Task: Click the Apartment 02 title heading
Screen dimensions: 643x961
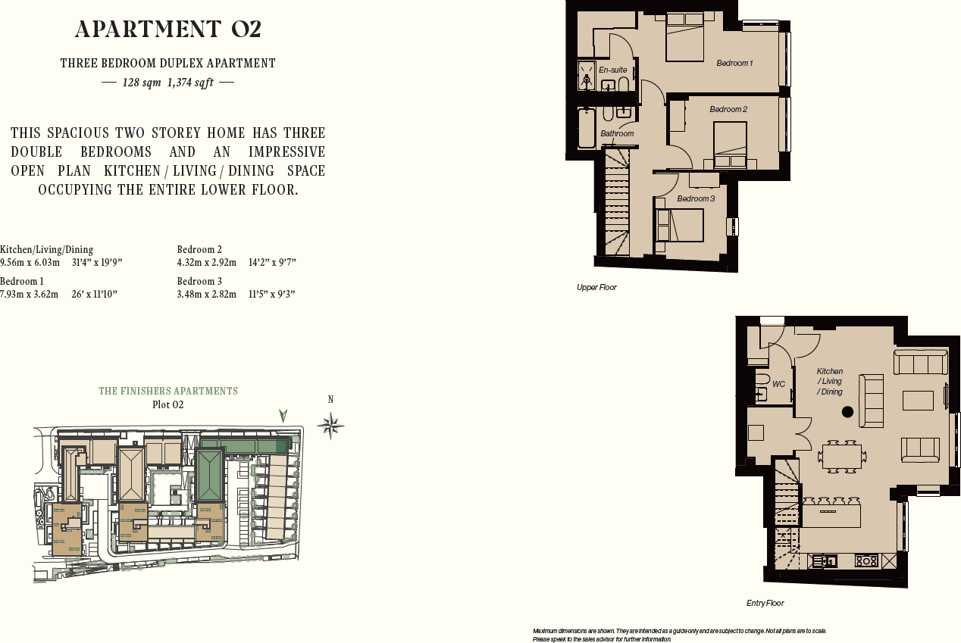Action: pos(168,29)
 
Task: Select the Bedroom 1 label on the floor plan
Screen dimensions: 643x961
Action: pos(734,63)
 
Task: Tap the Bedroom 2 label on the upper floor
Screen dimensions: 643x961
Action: pos(728,109)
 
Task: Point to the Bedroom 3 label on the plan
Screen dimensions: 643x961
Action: pos(695,198)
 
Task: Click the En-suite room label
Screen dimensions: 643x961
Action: pos(612,70)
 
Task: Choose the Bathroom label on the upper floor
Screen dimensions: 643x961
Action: pos(617,133)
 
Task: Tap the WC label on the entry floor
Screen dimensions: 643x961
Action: pos(778,384)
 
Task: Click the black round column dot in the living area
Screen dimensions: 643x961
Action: pos(847,412)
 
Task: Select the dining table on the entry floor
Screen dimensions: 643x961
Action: pos(841,457)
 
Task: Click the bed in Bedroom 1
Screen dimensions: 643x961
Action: pos(685,38)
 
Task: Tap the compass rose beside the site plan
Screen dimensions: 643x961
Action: pos(330,426)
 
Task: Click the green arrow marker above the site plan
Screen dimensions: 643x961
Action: pos(283,415)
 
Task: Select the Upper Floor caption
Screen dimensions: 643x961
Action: pos(596,288)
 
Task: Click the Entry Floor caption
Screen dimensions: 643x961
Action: pos(765,604)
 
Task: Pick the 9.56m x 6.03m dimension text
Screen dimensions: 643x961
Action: pos(30,263)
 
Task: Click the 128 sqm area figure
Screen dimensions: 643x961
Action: pos(142,83)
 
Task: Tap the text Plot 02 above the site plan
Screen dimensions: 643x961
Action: pos(168,404)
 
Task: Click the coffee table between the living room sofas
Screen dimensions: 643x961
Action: pos(918,401)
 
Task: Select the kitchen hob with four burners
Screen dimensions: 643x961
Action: pos(866,561)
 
